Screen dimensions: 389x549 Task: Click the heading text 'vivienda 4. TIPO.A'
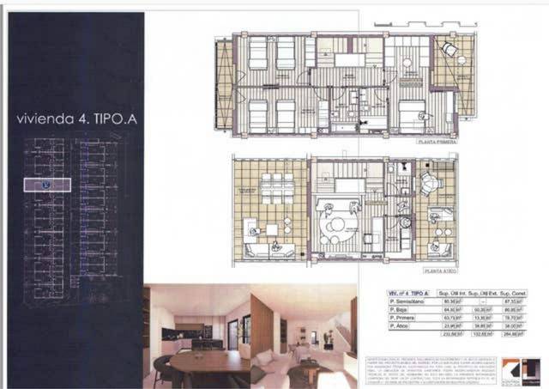coord(77,119)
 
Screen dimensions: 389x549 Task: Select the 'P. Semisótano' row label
coord(405,301)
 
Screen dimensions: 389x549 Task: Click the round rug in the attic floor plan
coord(333,223)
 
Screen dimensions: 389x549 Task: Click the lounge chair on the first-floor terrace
coord(449,51)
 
